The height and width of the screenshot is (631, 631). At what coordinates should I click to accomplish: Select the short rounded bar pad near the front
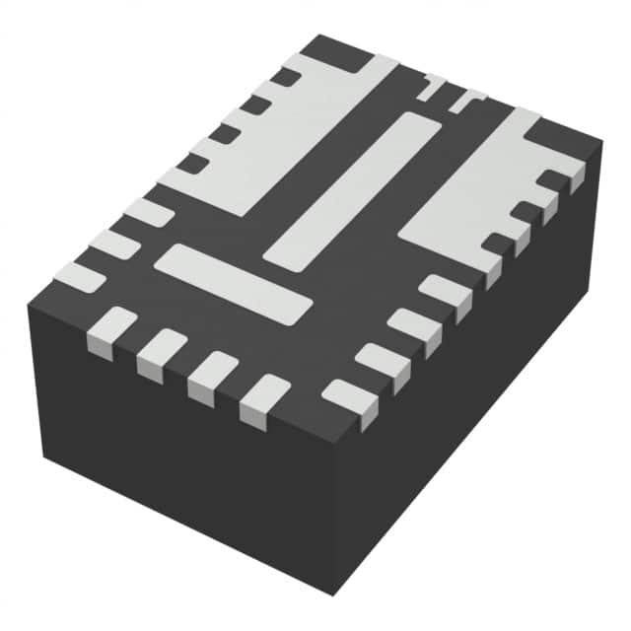234,283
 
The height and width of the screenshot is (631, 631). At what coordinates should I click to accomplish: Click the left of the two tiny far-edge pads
431,86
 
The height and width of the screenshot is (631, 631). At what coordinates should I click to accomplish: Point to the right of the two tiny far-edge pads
464,99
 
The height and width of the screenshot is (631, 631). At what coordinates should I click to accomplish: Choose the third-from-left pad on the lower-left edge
212,376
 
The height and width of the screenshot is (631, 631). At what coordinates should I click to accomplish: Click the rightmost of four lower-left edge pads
264,398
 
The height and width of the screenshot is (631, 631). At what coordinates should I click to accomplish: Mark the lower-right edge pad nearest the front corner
349,400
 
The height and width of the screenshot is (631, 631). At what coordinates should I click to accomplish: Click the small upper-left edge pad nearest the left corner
79,277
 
